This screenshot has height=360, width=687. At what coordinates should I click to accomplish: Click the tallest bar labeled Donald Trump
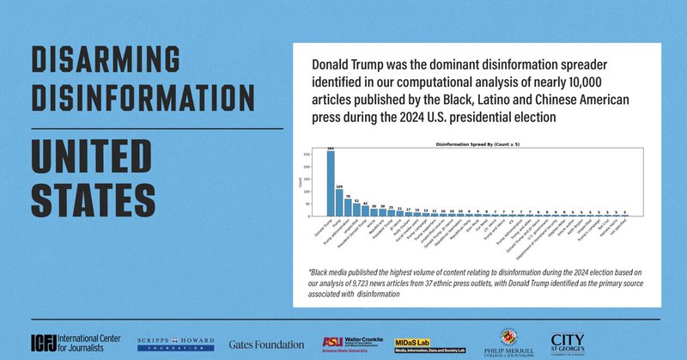tap(331, 185)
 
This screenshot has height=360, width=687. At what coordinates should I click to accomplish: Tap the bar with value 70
tap(348, 208)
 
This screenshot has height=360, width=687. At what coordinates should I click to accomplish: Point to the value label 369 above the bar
tap(331, 149)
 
